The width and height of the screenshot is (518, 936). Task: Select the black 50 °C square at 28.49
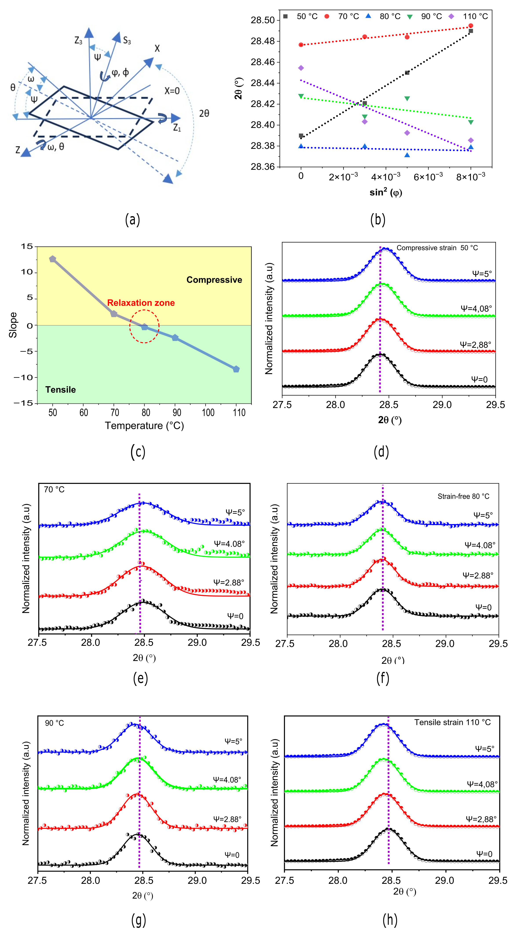click(471, 31)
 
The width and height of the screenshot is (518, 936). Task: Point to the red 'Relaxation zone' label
click(141, 303)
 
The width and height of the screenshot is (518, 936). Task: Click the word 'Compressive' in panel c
click(214, 280)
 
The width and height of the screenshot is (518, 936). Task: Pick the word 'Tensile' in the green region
click(61, 390)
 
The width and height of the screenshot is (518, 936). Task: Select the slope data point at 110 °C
click(236, 369)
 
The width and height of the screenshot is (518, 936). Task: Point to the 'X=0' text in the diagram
click(172, 91)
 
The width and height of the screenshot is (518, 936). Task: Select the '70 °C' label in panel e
click(54, 489)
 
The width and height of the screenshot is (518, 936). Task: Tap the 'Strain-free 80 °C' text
click(463, 496)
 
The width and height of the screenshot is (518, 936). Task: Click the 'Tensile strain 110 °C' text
click(452, 722)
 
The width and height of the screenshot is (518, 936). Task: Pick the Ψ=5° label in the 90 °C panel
click(233, 741)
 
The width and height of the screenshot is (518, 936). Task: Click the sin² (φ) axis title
click(386, 192)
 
